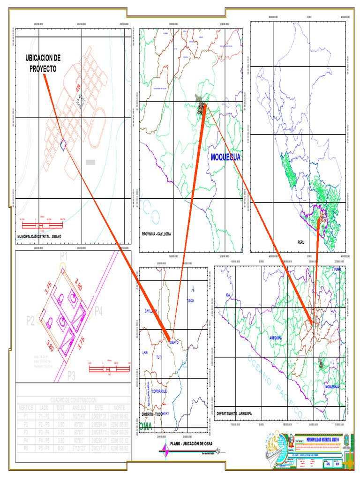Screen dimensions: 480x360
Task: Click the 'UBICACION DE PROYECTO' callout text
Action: pos(44,63)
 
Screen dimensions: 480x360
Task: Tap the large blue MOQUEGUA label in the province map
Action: pos(226,157)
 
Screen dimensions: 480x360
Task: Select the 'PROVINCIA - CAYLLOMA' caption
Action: pos(157,233)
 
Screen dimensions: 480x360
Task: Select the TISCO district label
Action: pos(190,300)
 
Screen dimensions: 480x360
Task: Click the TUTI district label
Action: pos(159,357)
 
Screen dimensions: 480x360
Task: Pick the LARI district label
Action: pos(144,352)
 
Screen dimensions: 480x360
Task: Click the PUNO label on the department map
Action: pos(337,270)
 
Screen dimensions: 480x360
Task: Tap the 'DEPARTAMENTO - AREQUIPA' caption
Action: pos(234,413)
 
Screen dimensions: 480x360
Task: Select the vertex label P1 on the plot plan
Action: pos(64,256)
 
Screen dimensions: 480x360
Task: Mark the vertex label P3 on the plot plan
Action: pos(71,375)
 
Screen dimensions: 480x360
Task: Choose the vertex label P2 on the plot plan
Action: pos(30,321)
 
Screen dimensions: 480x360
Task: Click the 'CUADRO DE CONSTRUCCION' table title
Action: pos(73,400)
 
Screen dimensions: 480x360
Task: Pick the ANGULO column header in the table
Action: pos(82,408)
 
